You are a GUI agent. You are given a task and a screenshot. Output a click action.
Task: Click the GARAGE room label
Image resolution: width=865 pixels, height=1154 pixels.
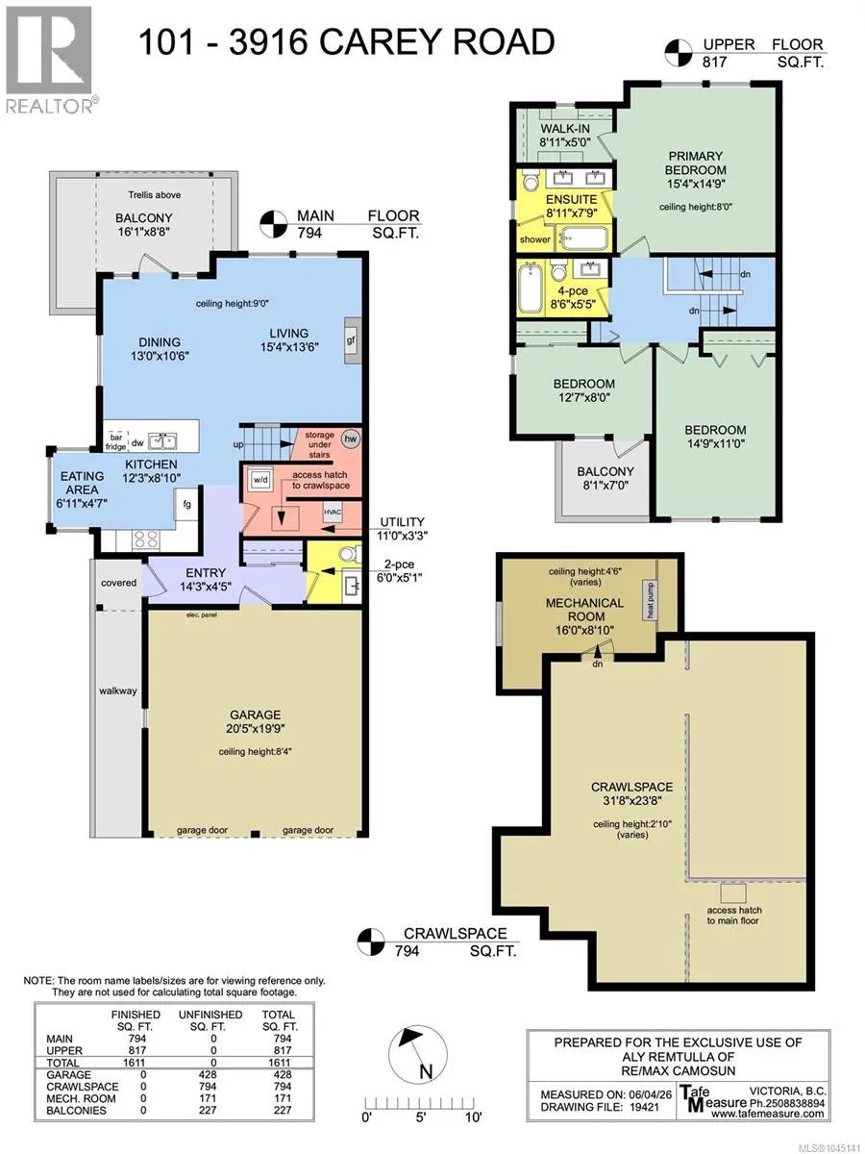[256, 715]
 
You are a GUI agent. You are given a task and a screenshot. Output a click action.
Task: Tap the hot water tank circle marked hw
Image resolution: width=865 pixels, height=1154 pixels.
[350, 439]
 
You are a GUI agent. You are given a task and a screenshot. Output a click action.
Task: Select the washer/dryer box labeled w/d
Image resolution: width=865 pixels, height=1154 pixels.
[260, 480]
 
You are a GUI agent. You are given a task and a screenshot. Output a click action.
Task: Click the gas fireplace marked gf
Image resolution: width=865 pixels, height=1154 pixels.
[351, 340]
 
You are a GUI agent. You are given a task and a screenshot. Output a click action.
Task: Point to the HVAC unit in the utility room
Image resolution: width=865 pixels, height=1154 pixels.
[333, 512]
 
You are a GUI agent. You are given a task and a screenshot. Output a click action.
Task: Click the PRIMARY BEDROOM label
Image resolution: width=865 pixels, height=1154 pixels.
[695, 163]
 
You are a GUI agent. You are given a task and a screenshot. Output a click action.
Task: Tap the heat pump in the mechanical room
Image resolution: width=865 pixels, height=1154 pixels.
[651, 600]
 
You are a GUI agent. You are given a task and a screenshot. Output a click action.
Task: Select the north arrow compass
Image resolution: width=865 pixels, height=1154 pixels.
[417, 1053]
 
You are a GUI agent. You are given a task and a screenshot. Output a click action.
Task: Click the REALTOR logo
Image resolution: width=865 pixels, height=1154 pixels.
[49, 60]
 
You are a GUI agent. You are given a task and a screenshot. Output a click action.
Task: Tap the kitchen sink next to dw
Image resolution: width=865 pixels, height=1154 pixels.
[162, 441]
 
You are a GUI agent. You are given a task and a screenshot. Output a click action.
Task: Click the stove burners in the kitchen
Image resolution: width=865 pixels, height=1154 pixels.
[146, 539]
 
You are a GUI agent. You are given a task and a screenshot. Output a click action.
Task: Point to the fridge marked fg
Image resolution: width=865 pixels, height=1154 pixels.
[186, 504]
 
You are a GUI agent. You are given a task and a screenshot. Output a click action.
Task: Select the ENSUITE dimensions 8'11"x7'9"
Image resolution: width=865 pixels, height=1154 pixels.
[572, 213]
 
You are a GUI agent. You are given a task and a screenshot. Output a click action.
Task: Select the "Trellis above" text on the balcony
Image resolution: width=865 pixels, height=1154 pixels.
[155, 195]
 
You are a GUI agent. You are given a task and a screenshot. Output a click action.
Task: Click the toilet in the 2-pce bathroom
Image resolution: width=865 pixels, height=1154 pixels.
[349, 554]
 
